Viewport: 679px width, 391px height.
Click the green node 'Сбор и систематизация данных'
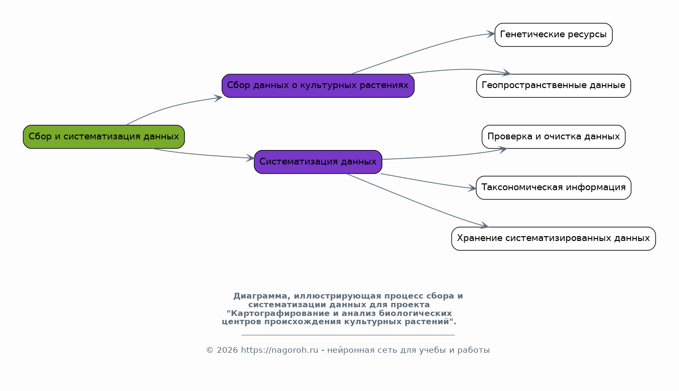tap(104, 136)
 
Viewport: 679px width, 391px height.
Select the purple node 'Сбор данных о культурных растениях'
tap(318, 86)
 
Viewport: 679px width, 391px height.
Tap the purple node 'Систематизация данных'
tap(318, 162)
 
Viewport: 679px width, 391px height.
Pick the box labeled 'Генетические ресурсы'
tap(554, 35)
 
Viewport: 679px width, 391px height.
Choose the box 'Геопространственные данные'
tap(554, 86)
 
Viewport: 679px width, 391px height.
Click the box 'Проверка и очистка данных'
tap(554, 136)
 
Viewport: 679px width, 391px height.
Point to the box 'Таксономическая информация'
tap(554, 188)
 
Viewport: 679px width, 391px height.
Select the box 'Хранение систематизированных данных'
tap(554, 239)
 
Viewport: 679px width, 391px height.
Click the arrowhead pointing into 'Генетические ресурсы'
tap(490, 34)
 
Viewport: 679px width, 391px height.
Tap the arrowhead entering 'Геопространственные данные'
tap(507, 73)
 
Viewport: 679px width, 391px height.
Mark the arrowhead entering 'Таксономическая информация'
tap(472, 188)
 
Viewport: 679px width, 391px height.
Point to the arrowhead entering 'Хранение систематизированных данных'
tap(484, 225)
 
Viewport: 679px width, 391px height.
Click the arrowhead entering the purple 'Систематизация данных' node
tap(250, 158)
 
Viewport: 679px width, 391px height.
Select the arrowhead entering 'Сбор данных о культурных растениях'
tap(218, 98)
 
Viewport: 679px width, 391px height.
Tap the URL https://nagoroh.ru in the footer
tap(279, 350)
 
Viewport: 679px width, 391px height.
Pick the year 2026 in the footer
tap(227, 350)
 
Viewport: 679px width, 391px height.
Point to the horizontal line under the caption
tap(348, 335)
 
